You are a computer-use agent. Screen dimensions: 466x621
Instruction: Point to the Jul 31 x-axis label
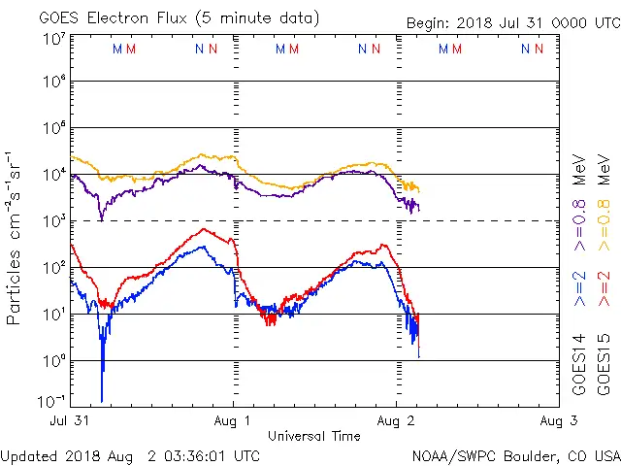71,420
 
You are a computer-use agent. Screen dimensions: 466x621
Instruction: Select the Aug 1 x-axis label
233,420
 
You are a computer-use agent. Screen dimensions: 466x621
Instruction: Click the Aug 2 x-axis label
396,420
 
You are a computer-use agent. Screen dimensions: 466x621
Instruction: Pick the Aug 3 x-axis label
558,420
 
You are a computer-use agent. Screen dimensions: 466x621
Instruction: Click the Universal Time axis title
314,436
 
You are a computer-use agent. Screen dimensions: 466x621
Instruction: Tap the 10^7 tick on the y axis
54,40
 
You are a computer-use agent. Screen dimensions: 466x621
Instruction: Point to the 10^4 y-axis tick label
54,175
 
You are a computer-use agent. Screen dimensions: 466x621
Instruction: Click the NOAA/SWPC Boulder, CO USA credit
515,455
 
